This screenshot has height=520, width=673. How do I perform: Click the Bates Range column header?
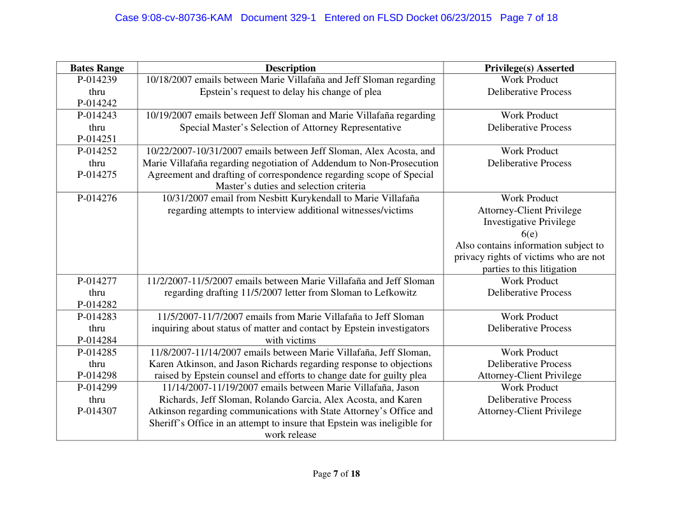click(x=97, y=68)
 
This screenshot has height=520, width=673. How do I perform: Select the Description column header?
click(x=290, y=68)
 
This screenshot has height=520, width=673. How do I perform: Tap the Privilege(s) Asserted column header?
click(x=529, y=68)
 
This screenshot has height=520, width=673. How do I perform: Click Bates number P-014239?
click(x=97, y=80)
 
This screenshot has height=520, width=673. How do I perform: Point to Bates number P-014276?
click(x=97, y=199)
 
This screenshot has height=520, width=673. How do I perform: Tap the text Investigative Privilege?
click(x=529, y=222)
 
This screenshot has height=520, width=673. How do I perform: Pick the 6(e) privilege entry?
click(x=529, y=234)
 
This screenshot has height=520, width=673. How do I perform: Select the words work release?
click(x=291, y=435)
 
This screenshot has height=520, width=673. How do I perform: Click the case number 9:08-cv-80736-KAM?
click(x=173, y=18)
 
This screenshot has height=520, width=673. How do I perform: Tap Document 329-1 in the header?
click(x=279, y=18)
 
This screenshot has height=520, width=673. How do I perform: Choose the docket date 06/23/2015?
click(x=466, y=18)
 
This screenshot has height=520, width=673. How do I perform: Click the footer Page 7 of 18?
click(x=336, y=474)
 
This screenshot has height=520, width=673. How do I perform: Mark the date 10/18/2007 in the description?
click(x=169, y=80)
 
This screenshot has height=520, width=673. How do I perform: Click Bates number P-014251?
click(x=97, y=139)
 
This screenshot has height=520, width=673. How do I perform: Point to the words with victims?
click(x=291, y=340)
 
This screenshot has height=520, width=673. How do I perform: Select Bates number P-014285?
click(x=97, y=352)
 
